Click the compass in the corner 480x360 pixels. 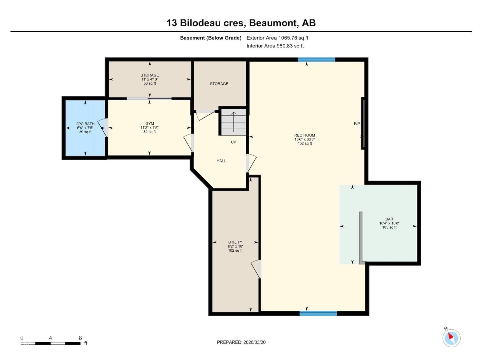(451, 338)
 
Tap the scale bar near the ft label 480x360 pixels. (50, 343)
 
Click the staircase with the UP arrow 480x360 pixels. (233, 122)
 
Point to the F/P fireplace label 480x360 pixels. (357, 124)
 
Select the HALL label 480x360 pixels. (221, 161)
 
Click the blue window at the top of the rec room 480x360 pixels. (316, 59)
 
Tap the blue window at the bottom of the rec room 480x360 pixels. (318, 313)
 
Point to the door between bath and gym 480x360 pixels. (103, 128)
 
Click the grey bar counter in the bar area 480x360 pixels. (361, 238)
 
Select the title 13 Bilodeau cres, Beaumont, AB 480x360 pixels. (241, 23)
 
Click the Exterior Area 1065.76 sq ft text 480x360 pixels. (277, 38)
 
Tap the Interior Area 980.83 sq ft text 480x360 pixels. (275, 46)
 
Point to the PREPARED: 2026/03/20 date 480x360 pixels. (241, 342)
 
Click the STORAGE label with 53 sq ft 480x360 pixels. (150, 79)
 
